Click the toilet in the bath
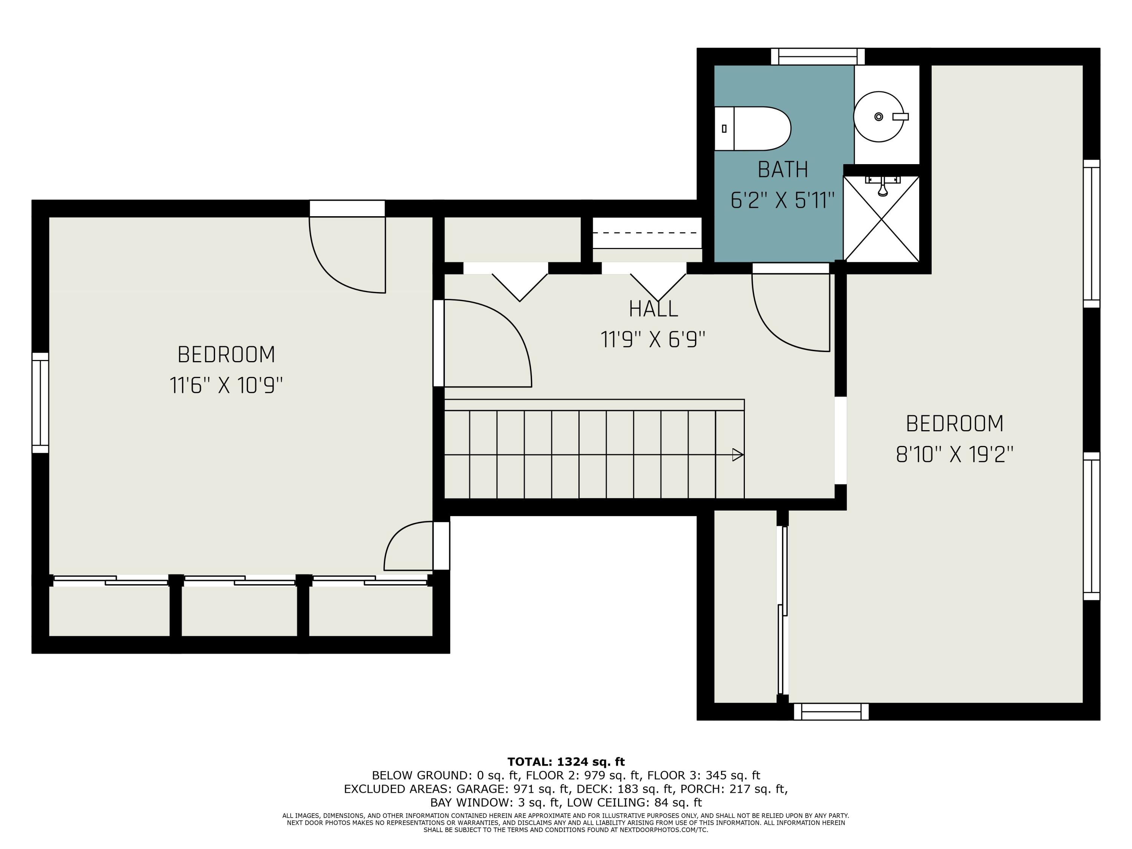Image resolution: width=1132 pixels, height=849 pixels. pos(752,128)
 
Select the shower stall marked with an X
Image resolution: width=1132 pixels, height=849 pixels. pos(881,218)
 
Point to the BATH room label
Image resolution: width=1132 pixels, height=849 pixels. pos(783,169)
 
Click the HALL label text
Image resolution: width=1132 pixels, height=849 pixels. pos(654,309)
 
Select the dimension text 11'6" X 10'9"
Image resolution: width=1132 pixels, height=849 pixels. pos(226,385)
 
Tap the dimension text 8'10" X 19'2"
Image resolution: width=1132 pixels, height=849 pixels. pos(954,454)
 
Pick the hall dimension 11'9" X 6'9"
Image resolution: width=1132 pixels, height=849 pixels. pos(654,339)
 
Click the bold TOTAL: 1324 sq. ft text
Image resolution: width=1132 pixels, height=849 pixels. pos(566,761)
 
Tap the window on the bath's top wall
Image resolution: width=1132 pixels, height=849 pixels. pos(818,56)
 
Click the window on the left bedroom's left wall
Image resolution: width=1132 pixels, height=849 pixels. pos(40,403)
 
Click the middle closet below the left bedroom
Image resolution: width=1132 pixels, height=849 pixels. pos(240,611)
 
